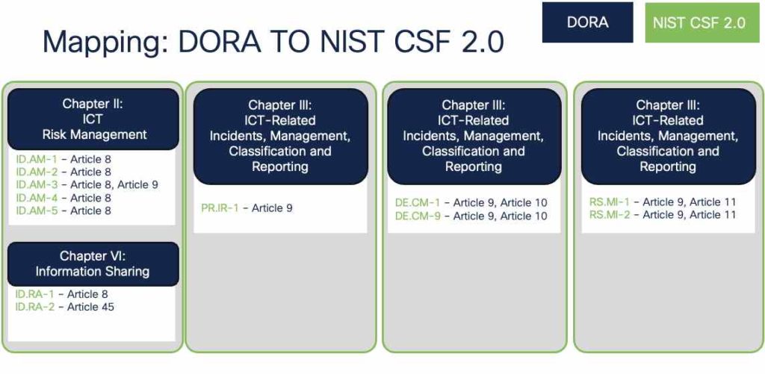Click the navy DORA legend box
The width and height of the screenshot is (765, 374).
[x=587, y=22]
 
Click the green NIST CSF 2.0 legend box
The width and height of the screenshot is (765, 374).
[x=699, y=22]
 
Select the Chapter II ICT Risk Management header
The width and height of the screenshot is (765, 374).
[x=93, y=119]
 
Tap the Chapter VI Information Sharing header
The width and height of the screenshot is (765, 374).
[x=93, y=264]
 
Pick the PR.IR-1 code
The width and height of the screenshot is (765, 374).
[x=220, y=208]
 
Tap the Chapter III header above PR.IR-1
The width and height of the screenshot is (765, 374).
[x=280, y=136]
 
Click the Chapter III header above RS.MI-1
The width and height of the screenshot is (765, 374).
[x=668, y=136]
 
